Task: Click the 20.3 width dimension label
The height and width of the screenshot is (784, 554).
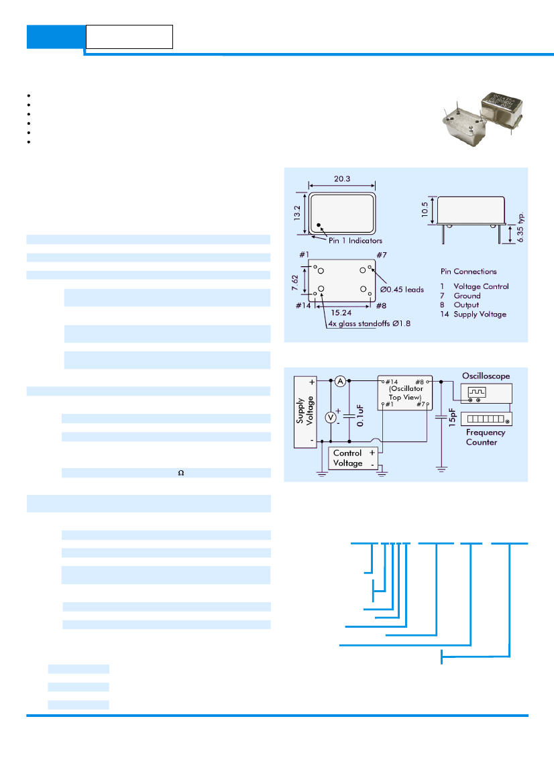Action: (x=342, y=178)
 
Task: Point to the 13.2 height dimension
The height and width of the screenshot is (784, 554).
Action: (x=297, y=213)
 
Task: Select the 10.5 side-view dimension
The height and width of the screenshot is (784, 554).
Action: (x=425, y=209)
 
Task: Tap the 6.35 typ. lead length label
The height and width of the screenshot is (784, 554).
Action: (x=520, y=227)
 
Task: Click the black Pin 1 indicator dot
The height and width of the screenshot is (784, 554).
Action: (x=319, y=225)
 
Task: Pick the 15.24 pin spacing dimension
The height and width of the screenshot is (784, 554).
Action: (x=341, y=313)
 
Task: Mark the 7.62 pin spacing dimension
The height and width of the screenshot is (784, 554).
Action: (x=295, y=282)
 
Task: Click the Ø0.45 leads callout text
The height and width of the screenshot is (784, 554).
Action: (x=402, y=290)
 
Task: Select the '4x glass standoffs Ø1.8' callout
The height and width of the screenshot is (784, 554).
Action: (x=370, y=323)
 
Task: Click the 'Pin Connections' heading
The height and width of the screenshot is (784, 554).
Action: (x=469, y=272)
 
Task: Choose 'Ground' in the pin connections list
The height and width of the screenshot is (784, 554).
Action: (x=467, y=296)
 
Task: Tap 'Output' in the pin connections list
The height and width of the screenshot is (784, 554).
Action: (x=466, y=305)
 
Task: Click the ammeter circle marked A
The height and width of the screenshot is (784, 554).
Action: (x=341, y=382)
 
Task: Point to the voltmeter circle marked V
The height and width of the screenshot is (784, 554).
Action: (x=331, y=417)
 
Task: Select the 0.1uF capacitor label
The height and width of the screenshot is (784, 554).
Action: (x=360, y=416)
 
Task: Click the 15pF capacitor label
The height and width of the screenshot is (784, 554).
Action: (x=453, y=417)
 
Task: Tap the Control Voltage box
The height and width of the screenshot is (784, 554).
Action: (x=353, y=458)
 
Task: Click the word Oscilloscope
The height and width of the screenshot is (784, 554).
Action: (x=486, y=376)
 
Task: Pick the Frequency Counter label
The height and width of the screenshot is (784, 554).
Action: (x=485, y=437)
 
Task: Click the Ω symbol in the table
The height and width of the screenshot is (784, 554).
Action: (x=181, y=473)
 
